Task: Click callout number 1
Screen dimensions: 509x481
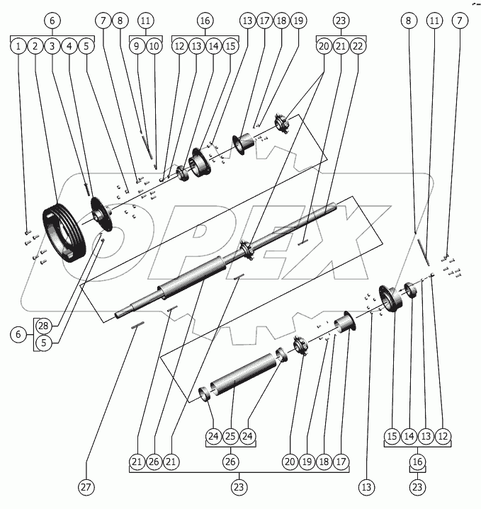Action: [x=18, y=46]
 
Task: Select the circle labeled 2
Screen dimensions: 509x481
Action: [x=35, y=46]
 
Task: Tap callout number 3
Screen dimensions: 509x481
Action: [x=52, y=46]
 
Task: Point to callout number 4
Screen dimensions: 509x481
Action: [x=69, y=46]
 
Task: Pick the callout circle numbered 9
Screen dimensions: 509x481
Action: [x=137, y=46]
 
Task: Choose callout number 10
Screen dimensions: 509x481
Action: [x=154, y=46]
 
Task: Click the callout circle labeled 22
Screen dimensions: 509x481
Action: [x=358, y=46]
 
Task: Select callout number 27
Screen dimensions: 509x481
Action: [x=86, y=487]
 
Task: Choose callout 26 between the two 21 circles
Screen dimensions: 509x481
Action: [x=154, y=462]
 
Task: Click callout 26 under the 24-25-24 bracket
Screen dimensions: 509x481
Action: [x=230, y=462]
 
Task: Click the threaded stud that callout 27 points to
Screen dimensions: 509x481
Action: [x=138, y=325]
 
